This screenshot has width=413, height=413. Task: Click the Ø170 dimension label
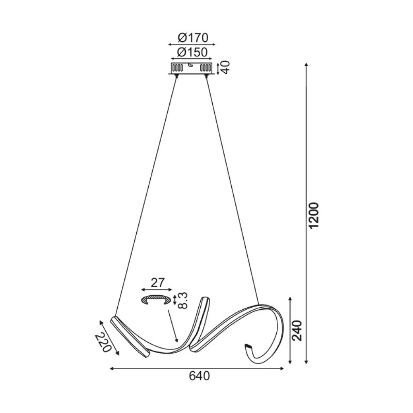(192, 38)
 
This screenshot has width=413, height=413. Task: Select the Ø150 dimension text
(192, 52)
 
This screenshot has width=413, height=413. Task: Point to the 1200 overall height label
(314, 215)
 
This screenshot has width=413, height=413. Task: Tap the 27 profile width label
(157, 283)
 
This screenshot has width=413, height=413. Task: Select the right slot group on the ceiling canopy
(206, 67)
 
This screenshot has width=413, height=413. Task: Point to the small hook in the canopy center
(191, 65)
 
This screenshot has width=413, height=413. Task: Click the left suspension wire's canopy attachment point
(177, 76)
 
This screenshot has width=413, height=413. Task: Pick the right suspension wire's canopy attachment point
(206, 76)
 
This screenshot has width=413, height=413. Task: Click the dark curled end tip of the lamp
(249, 346)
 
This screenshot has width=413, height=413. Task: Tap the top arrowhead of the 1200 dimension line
(306, 64)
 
